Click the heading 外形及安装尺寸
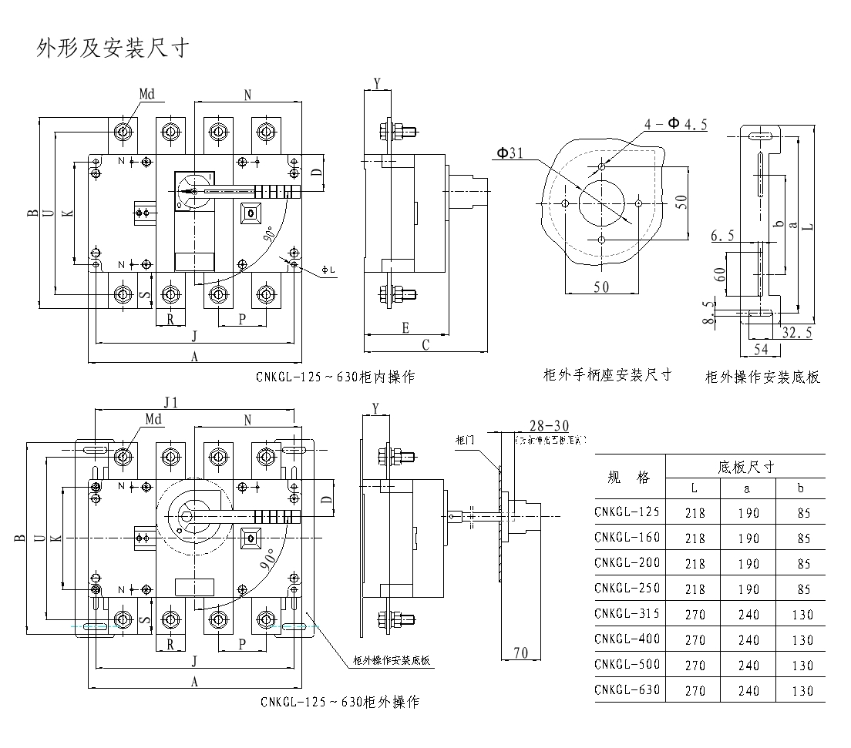(113, 49)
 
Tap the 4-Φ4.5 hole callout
(675, 125)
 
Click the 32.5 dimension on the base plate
(797, 334)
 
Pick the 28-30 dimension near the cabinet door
(550, 426)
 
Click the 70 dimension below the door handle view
(520, 652)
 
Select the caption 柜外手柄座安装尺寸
(607, 375)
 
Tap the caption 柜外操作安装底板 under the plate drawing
(762, 377)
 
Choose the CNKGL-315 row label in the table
(627, 613)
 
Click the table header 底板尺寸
(745, 467)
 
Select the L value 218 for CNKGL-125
(695, 513)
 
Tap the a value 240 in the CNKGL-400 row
(748, 640)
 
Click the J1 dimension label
(171, 402)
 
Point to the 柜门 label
(464, 441)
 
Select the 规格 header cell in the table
(629, 478)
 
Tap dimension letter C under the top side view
(425, 346)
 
